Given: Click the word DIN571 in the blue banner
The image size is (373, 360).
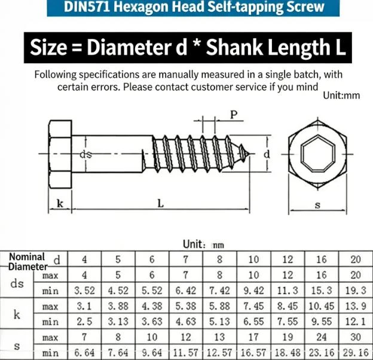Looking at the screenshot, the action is (x=87, y=7).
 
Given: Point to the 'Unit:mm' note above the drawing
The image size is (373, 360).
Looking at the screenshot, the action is (x=341, y=96).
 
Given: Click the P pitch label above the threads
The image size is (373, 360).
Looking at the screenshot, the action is (x=234, y=115).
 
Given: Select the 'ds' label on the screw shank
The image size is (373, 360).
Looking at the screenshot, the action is (x=85, y=155).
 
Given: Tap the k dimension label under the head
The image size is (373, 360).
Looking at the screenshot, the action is (x=60, y=203).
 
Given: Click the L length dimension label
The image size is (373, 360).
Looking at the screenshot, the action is (x=161, y=204).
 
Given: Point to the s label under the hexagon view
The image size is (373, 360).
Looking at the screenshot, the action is (x=317, y=205).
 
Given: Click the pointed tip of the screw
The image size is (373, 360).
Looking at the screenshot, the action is (x=249, y=154).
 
